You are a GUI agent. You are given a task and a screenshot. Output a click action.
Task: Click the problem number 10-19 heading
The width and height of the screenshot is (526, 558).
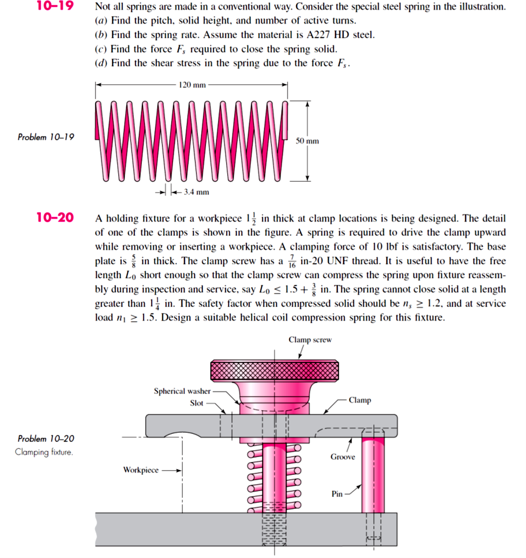[x=55, y=7]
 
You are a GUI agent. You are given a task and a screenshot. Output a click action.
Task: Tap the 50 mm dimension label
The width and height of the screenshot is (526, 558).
[x=308, y=141]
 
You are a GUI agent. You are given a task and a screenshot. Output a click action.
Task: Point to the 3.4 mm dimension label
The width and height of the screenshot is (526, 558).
[x=195, y=192]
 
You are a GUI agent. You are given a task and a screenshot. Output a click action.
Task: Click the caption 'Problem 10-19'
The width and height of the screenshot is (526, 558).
[x=46, y=137]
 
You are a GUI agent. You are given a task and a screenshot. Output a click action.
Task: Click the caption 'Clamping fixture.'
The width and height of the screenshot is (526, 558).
[x=44, y=452]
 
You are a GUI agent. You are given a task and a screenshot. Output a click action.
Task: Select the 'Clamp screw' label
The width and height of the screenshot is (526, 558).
[x=310, y=340]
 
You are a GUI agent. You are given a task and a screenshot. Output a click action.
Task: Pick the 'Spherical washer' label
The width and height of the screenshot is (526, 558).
[x=182, y=391]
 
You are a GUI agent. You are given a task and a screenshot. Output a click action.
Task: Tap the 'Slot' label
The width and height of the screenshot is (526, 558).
[x=197, y=403]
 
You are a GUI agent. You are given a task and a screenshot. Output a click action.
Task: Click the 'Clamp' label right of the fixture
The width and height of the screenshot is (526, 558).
[x=359, y=400]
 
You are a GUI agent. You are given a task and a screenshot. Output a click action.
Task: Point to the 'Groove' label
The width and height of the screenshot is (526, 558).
[x=343, y=457]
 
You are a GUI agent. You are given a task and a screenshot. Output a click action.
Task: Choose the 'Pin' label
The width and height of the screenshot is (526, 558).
[x=337, y=494]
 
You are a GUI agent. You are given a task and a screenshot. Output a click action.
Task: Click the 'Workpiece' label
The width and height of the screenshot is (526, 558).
[x=141, y=470]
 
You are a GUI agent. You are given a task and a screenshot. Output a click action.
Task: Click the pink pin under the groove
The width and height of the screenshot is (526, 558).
[x=373, y=475]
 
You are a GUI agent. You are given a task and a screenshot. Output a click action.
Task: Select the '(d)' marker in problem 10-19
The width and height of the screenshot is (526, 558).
[x=100, y=63]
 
